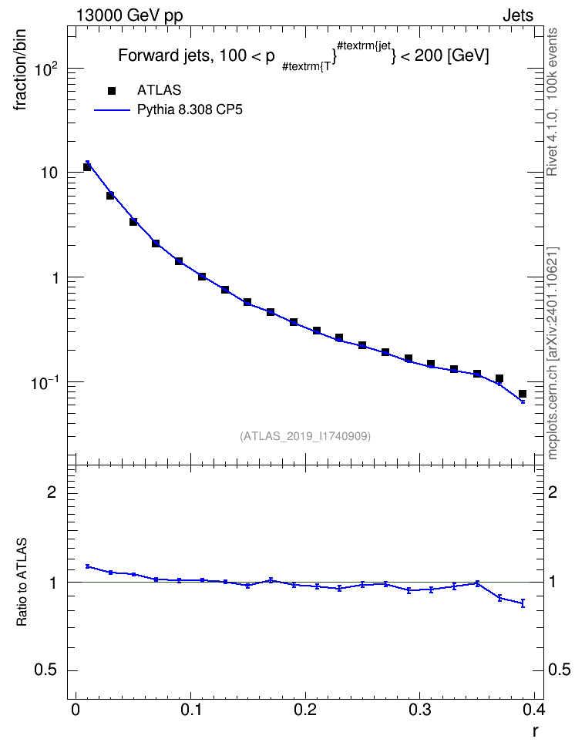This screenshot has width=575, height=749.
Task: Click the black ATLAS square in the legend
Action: pos(112,90)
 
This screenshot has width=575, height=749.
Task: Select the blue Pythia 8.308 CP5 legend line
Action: pos(112,110)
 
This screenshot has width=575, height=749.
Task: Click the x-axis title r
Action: pos(536,731)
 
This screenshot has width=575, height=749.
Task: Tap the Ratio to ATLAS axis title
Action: pos(22,582)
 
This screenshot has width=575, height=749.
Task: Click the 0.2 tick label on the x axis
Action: pos(305,710)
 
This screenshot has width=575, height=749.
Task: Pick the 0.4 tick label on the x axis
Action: pos(533,710)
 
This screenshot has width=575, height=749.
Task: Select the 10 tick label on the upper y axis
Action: pos(49,173)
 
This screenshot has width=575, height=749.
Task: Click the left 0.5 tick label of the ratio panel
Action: pos(45,670)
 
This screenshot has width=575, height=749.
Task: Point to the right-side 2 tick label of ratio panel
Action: pos(553,492)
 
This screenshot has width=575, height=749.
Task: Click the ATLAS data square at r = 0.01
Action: pos(87,166)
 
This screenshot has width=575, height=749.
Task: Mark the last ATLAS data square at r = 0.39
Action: pos(523,394)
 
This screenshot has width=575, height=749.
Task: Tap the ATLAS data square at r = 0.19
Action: pos(294,322)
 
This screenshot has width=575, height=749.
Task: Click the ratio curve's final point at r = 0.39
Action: pos(523,603)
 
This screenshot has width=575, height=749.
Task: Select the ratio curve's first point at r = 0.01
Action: pos(87,566)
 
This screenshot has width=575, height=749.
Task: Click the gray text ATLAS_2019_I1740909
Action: pos(305,436)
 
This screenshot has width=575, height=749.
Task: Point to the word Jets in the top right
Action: pos(518,15)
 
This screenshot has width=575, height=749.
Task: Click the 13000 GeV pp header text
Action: pos(129,16)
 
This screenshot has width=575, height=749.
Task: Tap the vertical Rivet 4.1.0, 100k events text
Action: pos(552,102)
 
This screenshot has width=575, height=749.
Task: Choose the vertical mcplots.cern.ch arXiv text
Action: pos(553,353)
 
